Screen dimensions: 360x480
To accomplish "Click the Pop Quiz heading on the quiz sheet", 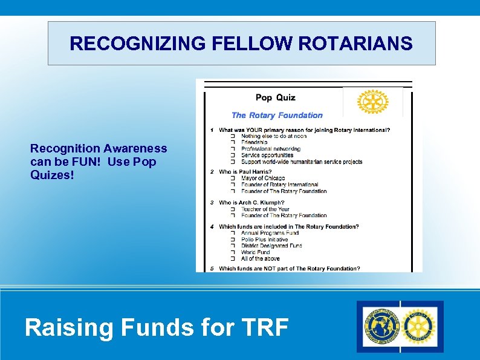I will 276,97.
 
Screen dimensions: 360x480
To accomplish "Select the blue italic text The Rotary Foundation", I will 277,115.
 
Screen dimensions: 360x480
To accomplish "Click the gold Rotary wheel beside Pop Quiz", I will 372,102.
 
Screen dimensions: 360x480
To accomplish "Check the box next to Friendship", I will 233,143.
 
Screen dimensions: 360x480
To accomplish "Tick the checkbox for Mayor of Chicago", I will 233,178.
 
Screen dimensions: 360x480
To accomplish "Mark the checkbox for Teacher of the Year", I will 233,209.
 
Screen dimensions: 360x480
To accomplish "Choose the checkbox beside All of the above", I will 233,258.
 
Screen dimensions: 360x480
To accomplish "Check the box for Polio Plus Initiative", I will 233,240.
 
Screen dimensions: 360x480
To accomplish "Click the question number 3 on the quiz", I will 212,203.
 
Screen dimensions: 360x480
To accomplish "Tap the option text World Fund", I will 256,252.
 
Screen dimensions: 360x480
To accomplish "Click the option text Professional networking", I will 271,149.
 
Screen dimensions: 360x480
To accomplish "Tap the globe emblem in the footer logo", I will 381,327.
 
